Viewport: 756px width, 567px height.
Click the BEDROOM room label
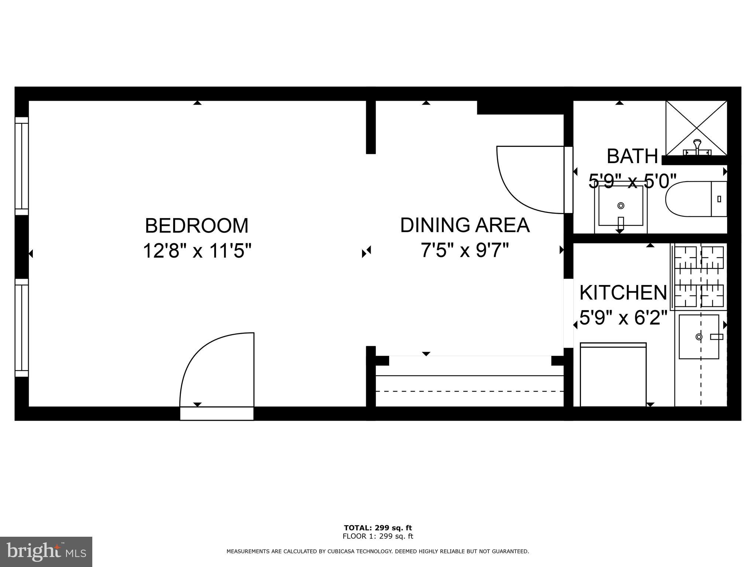click(197, 226)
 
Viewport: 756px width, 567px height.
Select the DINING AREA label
click(465, 225)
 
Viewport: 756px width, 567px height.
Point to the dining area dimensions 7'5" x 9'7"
click(465, 250)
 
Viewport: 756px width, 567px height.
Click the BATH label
click(632, 156)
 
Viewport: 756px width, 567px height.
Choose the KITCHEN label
click(623, 293)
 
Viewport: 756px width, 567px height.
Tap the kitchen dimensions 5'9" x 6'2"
click(623, 318)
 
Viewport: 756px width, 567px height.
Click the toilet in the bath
click(694, 199)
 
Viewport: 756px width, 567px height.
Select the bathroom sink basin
click(621, 206)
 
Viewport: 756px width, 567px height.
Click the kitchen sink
click(699, 337)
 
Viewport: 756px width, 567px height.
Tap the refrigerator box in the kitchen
click(613, 375)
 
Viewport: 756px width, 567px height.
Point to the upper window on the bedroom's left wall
click(21, 166)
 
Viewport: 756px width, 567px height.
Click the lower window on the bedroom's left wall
click(21, 328)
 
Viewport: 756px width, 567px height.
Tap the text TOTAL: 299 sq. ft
click(378, 528)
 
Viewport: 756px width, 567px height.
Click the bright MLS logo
click(46, 551)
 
